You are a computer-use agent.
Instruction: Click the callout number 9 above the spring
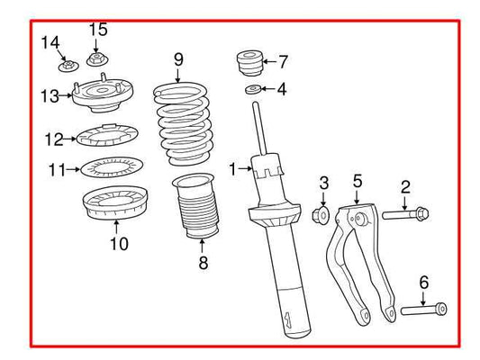point(178,60)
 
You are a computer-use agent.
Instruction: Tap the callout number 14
point(50,42)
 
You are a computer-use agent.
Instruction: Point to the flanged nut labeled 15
point(97,61)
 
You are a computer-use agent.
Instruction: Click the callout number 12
point(53,139)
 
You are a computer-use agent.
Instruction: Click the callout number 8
point(203,264)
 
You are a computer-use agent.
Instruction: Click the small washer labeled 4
point(252,89)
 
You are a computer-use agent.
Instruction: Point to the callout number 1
point(232,168)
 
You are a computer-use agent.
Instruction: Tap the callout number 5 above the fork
point(357,182)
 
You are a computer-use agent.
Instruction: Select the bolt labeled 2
point(406,214)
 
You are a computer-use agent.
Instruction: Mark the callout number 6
point(423,282)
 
